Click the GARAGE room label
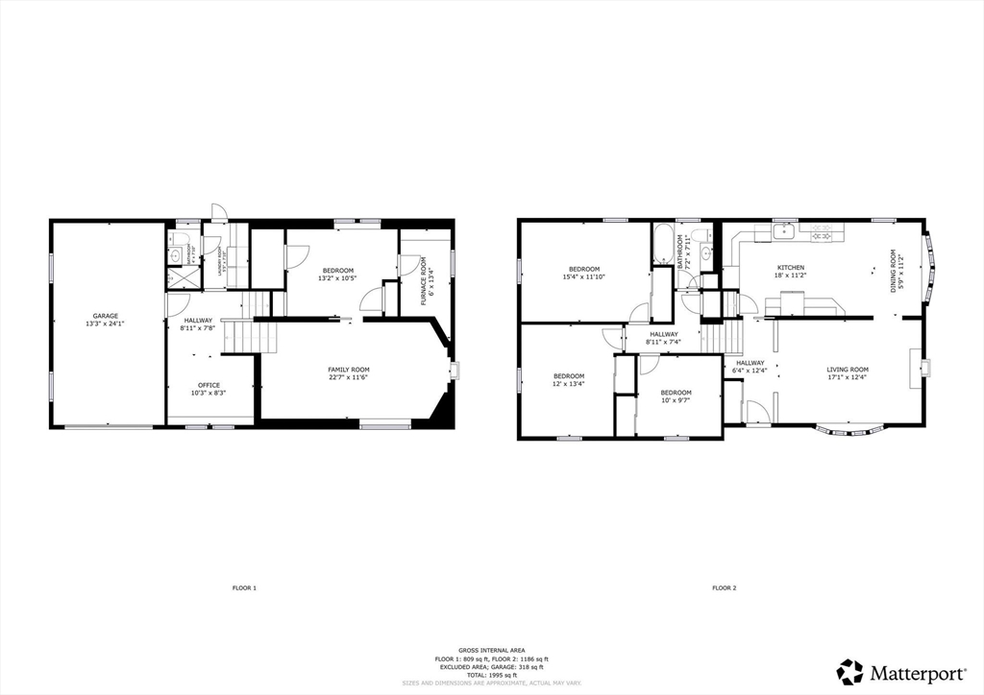point(106,316)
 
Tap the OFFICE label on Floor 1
point(209,385)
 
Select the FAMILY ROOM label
point(349,370)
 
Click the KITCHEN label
point(791,267)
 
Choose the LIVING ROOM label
point(848,370)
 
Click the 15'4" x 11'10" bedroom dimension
point(584,276)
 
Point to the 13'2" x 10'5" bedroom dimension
point(338,278)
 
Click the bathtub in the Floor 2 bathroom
point(664,245)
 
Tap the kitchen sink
point(784,230)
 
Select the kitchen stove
point(822,231)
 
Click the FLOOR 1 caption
point(244,587)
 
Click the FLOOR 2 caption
point(724,587)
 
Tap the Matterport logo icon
point(849,671)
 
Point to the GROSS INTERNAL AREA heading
point(491,650)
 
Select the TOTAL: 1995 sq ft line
point(491,675)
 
